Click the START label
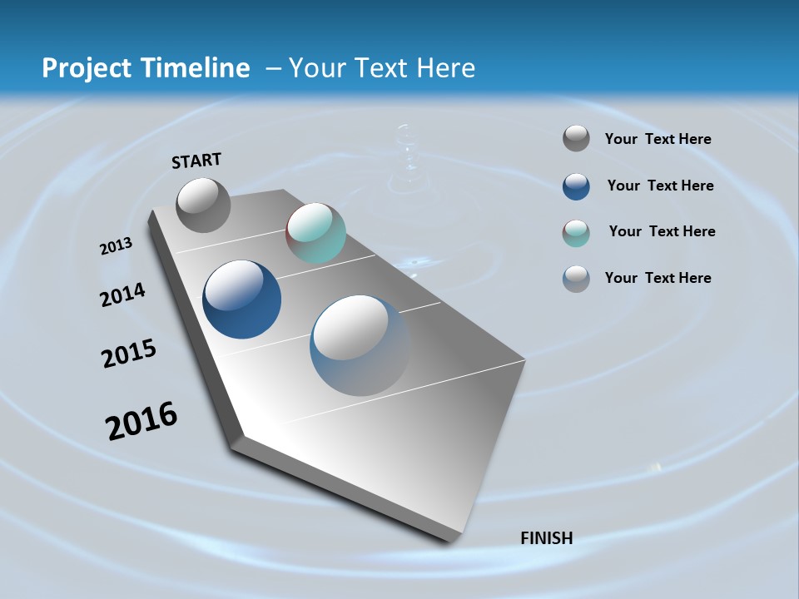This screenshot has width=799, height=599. coord(196,161)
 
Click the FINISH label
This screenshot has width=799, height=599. coord(546,538)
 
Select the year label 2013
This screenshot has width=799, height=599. coord(116,246)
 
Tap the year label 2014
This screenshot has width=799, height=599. coord(122,295)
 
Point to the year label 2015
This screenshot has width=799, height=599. coord(129,354)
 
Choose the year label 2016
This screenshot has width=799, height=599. coord(141,421)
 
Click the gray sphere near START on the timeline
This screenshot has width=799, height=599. coord(203,205)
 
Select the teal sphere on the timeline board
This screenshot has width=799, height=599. coord(315,233)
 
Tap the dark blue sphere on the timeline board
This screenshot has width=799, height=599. coord(241,299)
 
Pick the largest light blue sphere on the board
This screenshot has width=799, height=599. coord(360,345)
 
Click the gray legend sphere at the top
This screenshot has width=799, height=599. coord(576,139)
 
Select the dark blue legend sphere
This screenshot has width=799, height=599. coord(576,186)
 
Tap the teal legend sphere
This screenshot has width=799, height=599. coord(576,233)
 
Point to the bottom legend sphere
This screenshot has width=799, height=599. coord(576,279)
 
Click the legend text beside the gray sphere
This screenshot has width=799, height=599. coord(658,140)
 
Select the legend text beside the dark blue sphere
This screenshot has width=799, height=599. coord(660,186)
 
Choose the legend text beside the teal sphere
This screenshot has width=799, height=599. coord(662,231)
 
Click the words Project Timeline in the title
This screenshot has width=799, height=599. coord(146,68)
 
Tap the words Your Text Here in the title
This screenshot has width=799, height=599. coord(382,68)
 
